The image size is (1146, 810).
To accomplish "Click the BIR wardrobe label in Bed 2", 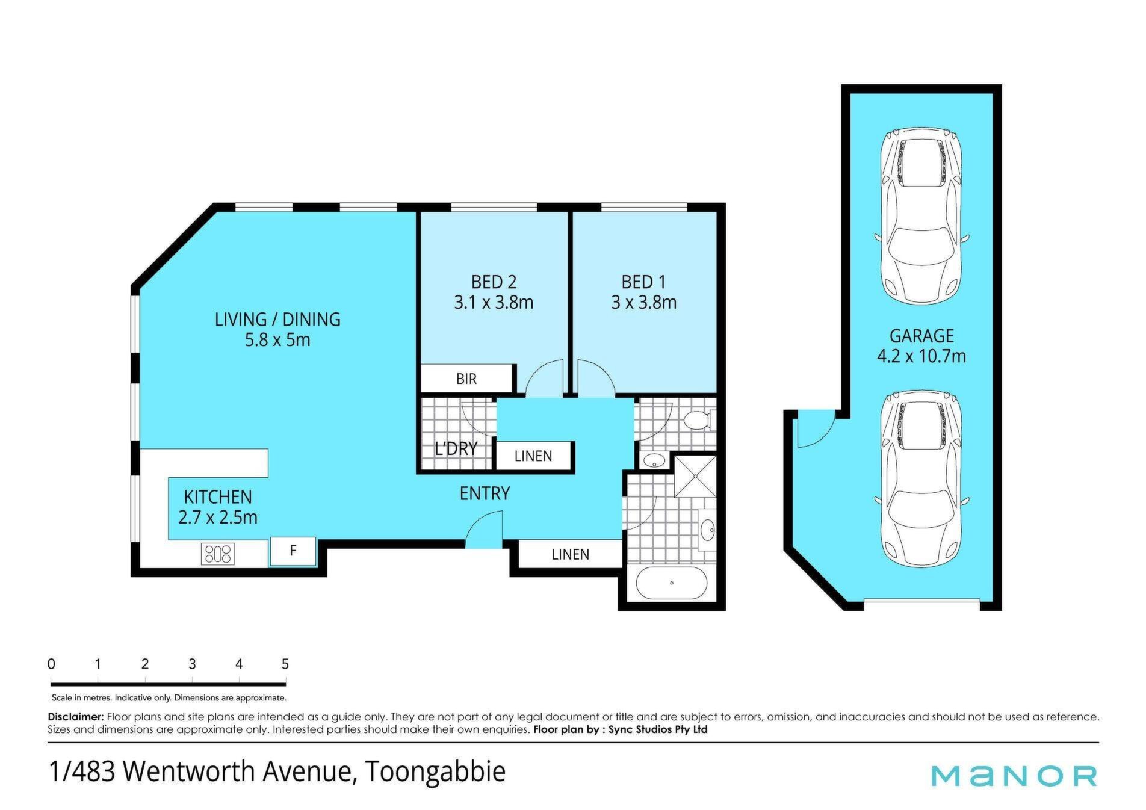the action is click(466, 379).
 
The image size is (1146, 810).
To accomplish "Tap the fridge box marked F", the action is click(293, 551).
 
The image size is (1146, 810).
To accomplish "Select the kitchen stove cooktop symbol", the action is click(218, 554).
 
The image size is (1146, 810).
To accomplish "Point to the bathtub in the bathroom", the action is click(671, 583).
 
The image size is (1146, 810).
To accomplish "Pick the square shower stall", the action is click(696, 477).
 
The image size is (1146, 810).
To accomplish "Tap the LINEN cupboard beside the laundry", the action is click(533, 456).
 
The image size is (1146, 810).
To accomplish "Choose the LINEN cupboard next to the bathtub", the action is click(570, 554).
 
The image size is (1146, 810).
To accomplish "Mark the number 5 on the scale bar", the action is click(285, 664).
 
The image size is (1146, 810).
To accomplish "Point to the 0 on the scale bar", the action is click(51, 664).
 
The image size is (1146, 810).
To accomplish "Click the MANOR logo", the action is click(1015, 776).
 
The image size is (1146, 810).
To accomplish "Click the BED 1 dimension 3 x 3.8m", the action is click(643, 302).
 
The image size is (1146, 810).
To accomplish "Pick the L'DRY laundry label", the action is click(456, 448).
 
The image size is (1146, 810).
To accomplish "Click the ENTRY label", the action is click(485, 493).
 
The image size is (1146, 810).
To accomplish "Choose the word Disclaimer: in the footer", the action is click(76, 717).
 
